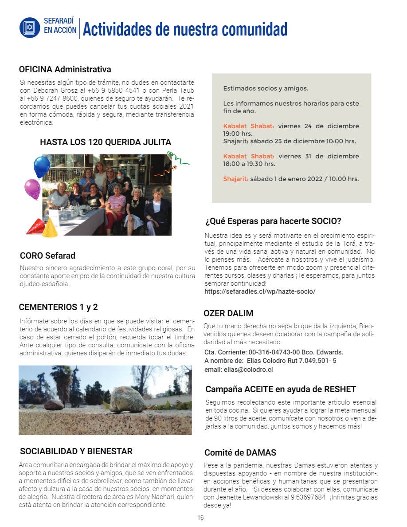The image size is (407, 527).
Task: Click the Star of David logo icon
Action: click(30, 27)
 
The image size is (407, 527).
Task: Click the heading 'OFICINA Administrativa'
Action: click(65, 70)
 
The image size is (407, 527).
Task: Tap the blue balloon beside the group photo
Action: click(42, 166)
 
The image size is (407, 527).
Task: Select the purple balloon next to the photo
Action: click(32, 189)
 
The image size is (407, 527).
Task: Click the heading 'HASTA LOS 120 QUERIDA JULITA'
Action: click(106, 142)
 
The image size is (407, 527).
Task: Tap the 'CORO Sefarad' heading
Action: click(47, 256)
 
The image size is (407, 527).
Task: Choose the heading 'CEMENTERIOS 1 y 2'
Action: click(58, 307)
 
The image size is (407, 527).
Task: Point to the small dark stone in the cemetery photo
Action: click(54, 405)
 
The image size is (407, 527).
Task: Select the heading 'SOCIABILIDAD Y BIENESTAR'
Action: click(76, 452)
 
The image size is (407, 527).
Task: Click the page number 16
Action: click(200, 518)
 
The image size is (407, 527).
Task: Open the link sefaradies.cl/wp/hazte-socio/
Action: click(260, 292)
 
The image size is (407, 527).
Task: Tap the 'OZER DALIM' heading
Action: click(228, 313)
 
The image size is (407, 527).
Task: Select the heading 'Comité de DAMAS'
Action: click(240, 453)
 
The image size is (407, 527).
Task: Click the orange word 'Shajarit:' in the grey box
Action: click(236, 179)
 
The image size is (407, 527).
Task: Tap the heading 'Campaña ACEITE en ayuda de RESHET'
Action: click(281, 389)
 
